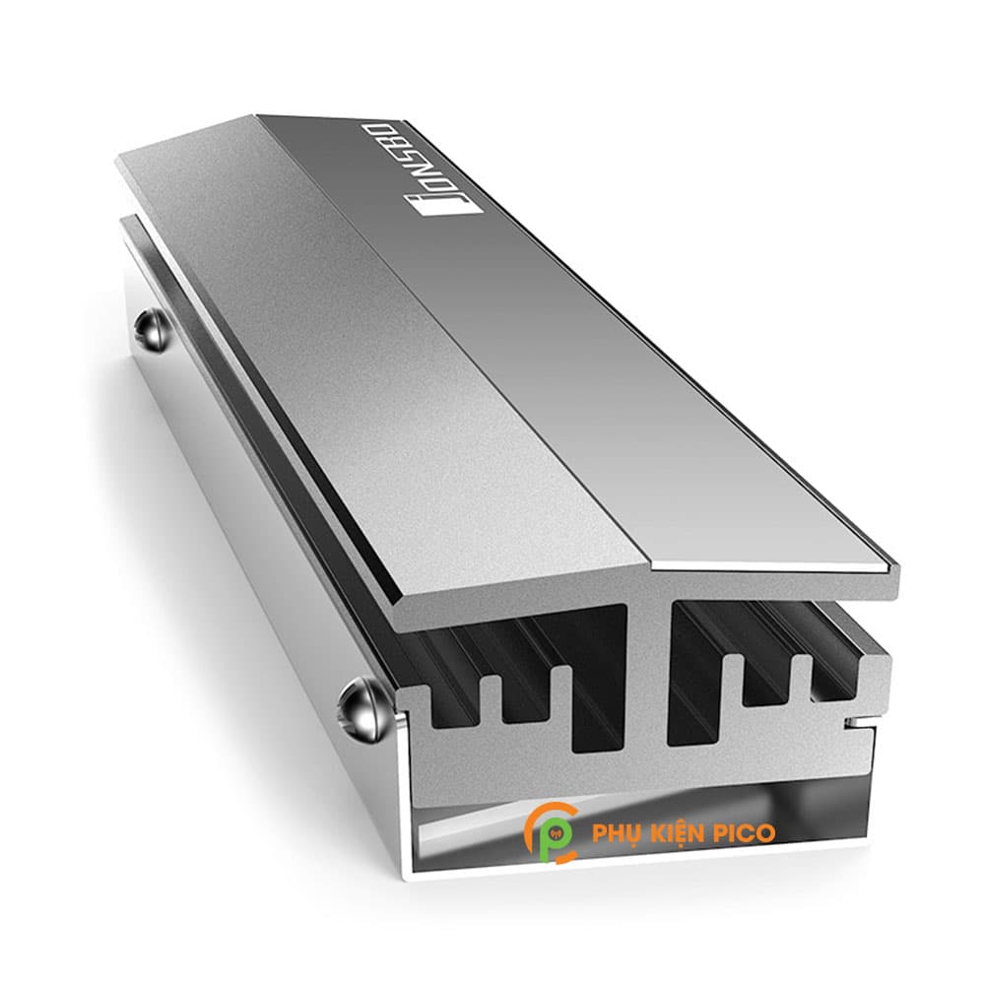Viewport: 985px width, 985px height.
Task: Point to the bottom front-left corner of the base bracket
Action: tap(406, 873)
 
